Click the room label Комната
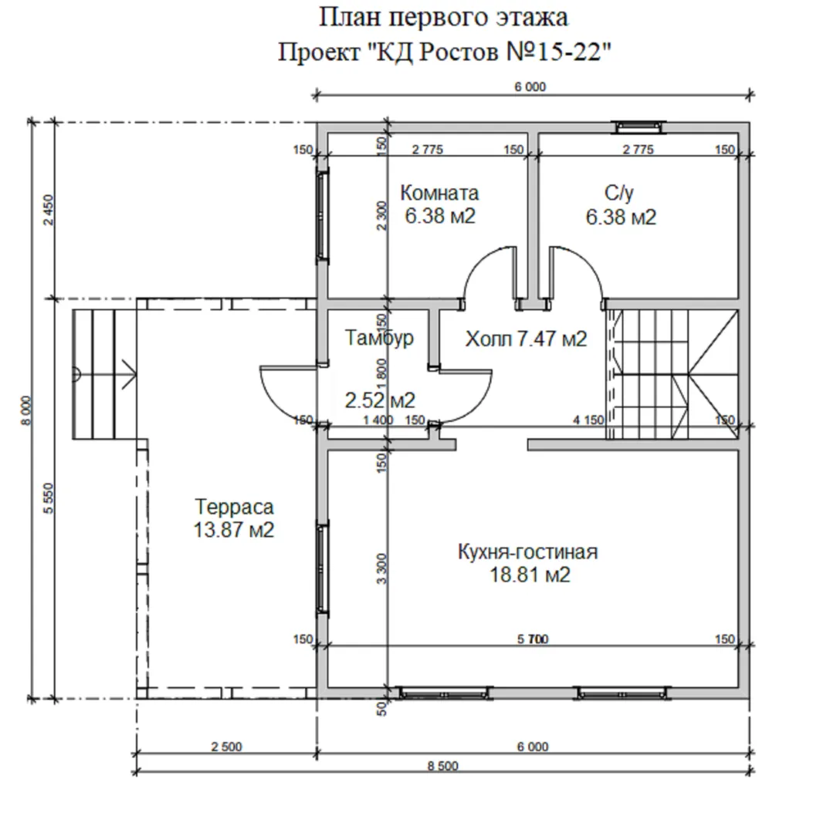click(439, 193)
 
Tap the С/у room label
click(619, 193)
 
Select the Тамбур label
click(379, 338)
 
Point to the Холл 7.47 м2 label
click(526, 339)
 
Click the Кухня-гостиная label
click(527, 552)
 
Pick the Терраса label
click(234, 507)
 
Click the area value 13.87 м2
click(234, 530)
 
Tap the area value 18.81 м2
click(530, 575)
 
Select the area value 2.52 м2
click(380, 400)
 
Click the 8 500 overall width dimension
click(442, 766)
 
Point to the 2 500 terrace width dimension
click(226, 747)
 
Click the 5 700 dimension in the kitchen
click(533, 639)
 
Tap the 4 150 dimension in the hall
click(588, 420)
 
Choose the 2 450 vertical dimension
click(49, 210)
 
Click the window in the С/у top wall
click(640, 126)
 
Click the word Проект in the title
click(319, 52)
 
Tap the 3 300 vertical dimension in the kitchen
click(381, 568)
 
